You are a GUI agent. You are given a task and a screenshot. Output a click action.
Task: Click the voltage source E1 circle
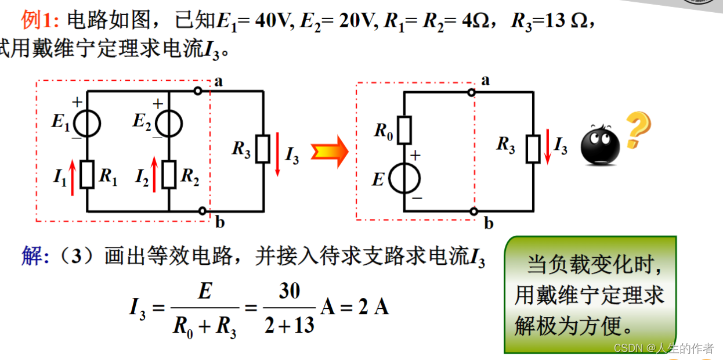pos(87,123)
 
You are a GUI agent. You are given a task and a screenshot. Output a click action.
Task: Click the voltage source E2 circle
pos(168,123)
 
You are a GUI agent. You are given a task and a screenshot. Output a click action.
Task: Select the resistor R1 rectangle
pos(87,175)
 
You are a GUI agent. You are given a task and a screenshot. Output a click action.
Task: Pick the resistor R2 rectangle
pos(168,175)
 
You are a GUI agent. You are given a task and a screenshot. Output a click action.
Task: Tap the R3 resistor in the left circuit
pos(263,149)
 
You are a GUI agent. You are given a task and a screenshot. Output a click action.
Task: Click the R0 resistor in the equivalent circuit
pos(404,130)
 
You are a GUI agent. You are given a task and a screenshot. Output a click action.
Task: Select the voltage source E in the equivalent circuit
pos(404,178)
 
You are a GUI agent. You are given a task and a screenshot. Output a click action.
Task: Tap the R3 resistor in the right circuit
pos(533,149)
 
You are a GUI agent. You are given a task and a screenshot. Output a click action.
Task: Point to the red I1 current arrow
pos(73,177)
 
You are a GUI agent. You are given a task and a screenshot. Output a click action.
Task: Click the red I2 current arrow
pos(154,174)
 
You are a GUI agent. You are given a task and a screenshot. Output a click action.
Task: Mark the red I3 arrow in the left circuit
pos(277,153)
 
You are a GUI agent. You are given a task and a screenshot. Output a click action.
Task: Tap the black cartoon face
pos(600,145)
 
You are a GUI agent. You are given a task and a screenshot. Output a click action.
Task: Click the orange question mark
pos(637,130)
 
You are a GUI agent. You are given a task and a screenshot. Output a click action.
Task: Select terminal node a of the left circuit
pos(198,91)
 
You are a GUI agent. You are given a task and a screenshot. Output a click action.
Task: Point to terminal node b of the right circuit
pos(475,211)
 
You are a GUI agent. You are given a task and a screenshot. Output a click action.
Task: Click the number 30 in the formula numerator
pos(289,291)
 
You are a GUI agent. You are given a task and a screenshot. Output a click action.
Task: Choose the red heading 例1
pos(39,21)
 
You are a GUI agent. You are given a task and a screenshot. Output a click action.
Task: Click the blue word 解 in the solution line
pos(32,256)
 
